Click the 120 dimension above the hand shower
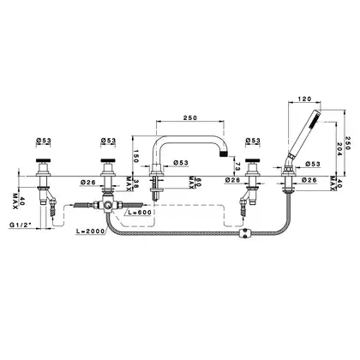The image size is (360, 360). (304, 99)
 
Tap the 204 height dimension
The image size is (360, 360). (339, 149)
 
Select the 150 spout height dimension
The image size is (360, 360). (136, 156)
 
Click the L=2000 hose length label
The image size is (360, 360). (91, 231)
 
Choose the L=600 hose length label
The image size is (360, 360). (140, 213)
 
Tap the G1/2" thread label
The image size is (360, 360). (21, 225)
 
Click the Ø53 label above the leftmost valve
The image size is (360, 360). (44, 141)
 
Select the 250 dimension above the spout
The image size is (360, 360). (190, 117)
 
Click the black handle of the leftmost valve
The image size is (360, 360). (44, 160)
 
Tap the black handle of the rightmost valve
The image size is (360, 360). (253, 160)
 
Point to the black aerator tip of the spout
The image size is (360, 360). (224, 154)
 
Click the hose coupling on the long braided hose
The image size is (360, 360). (244, 232)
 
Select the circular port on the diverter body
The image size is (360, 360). (108, 205)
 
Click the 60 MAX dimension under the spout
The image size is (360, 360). (194, 182)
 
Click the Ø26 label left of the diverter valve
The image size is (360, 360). (87, 182)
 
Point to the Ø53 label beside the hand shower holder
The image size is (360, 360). (313, 164)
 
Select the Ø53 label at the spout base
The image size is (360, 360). (181, 163)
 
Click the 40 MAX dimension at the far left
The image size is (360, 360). (18, 201)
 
